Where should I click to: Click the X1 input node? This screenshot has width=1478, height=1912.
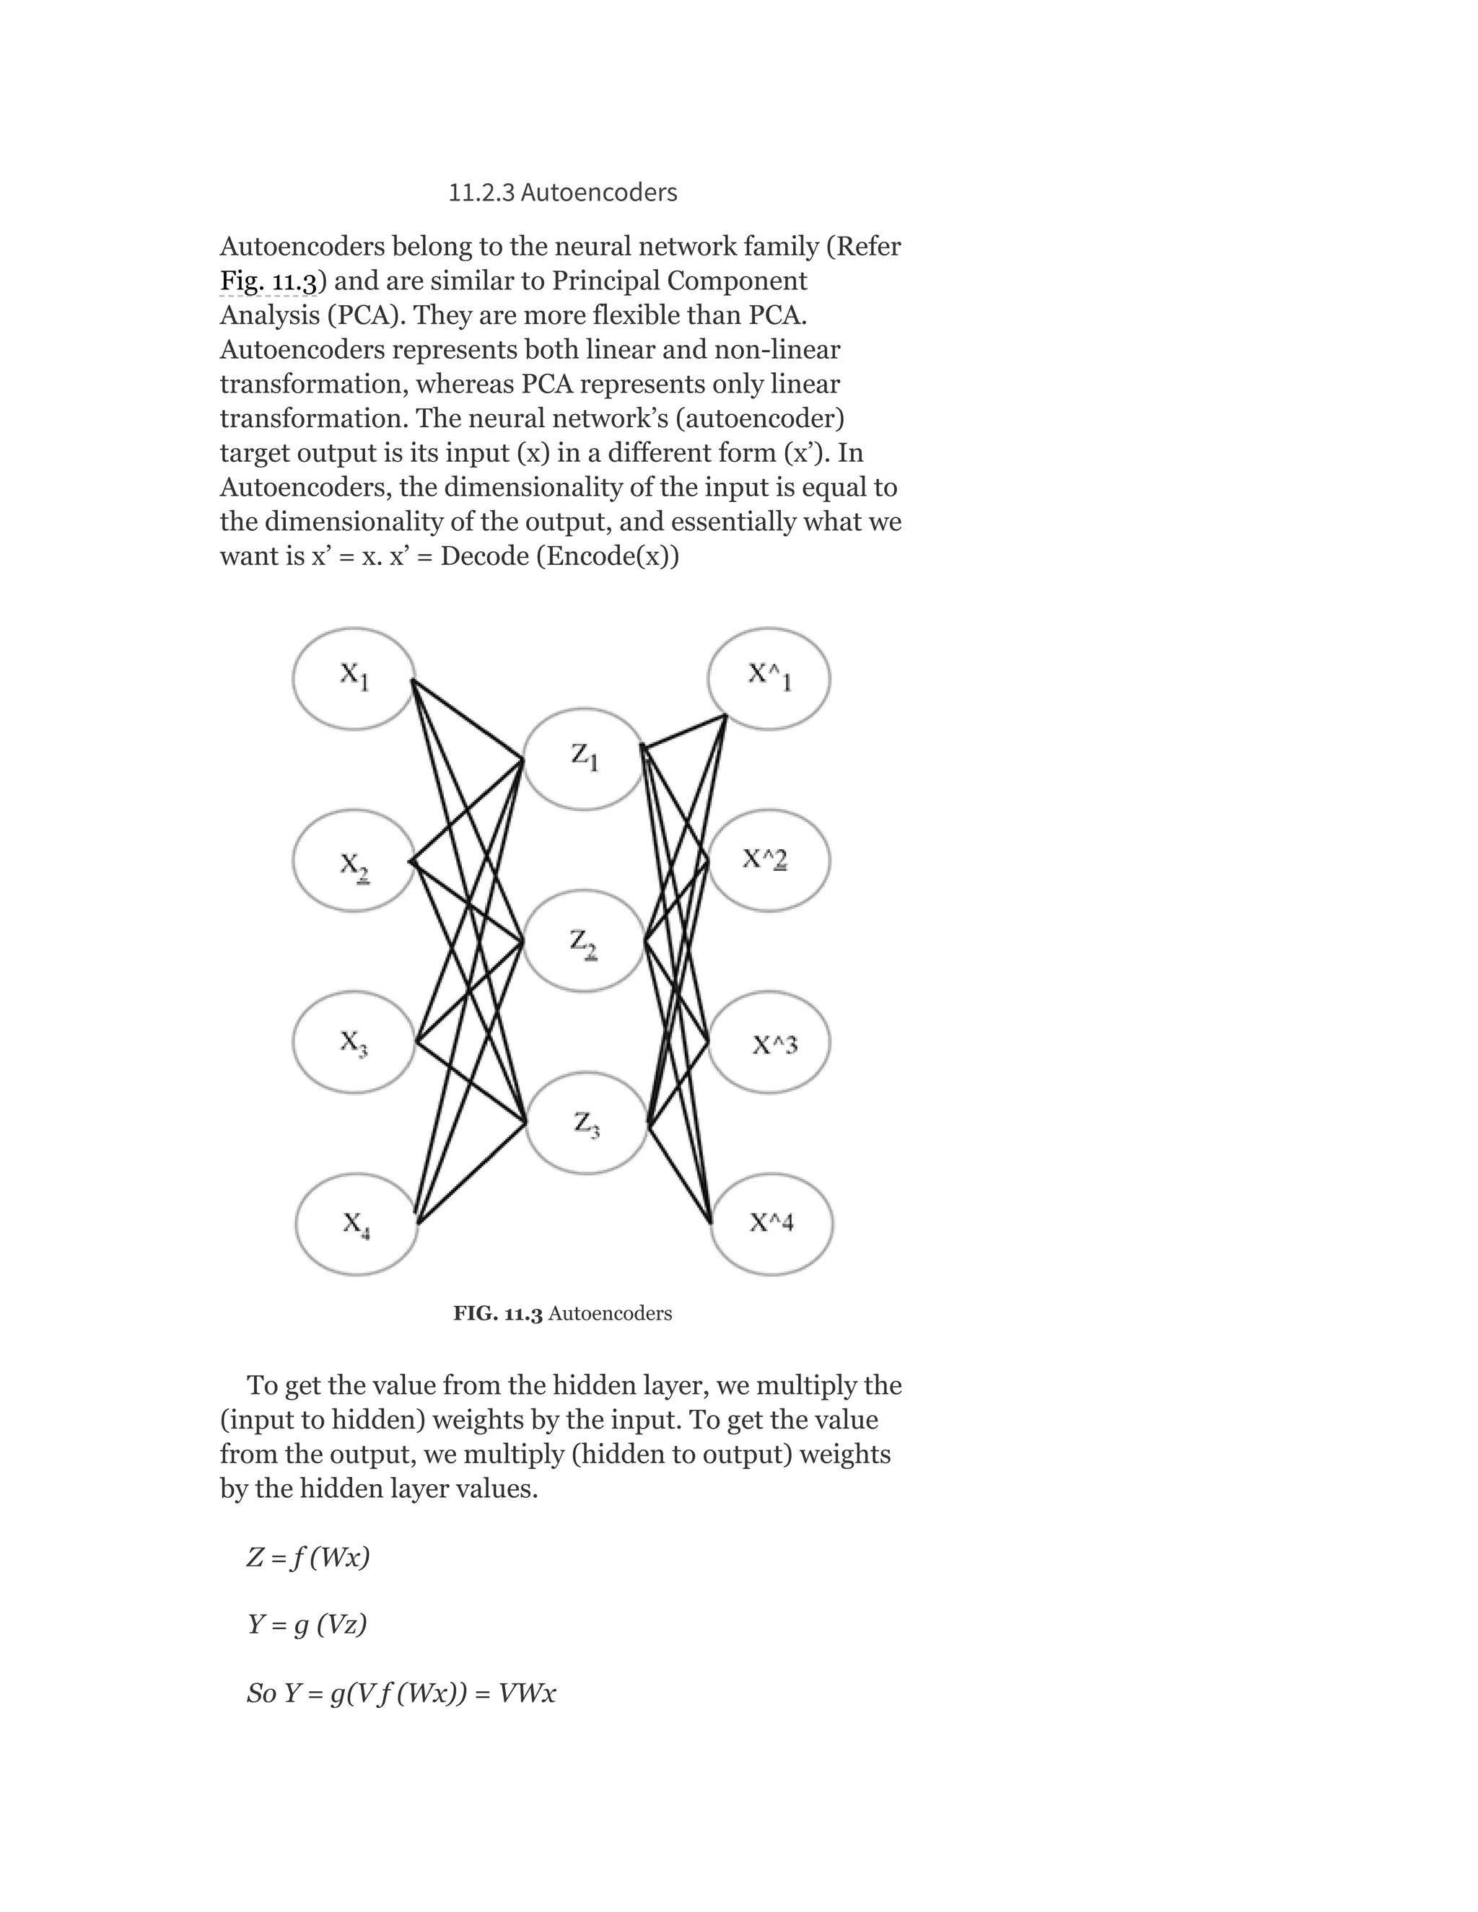(354, 678)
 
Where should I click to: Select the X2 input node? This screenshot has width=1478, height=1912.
(354, 861)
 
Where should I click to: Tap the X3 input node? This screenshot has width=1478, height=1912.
(354, 1042)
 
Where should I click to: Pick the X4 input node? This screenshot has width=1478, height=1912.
(357, 1223)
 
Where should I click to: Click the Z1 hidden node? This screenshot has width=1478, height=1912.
(584, 759)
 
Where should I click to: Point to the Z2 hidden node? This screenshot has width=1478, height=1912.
(584, 942)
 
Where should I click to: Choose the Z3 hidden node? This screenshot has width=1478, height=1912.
(586, 1123)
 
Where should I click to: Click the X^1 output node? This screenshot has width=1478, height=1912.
(769, 678)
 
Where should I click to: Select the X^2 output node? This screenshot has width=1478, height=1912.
(769, 861)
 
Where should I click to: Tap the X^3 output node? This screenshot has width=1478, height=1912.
(769, 1042)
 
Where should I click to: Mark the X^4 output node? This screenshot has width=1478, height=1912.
(771, 1224)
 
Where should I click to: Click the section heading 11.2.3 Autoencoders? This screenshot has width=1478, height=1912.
(562, 193)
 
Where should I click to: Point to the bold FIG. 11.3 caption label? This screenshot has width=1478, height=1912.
(497, 1313)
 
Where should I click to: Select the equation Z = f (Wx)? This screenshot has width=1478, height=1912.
(308, 1558)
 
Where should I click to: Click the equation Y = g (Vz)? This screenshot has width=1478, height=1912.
(307, 1625)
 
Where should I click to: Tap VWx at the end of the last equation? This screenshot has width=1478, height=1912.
(526, 1693)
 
